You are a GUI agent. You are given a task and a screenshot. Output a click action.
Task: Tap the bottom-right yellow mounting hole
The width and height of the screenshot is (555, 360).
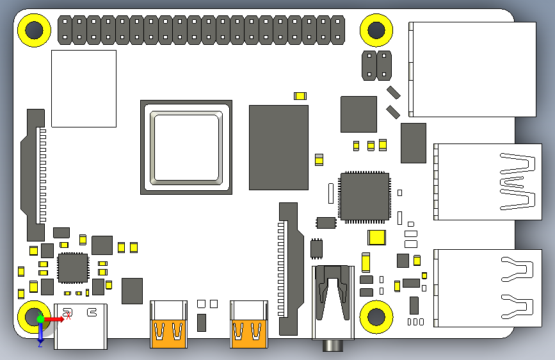point(376,316)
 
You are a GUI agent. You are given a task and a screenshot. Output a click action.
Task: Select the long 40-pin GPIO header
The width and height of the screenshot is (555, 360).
point(201,29)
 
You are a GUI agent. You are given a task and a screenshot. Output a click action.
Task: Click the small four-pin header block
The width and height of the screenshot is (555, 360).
point(376,65)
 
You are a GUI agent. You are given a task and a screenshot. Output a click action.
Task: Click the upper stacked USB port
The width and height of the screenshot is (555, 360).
point(484,181)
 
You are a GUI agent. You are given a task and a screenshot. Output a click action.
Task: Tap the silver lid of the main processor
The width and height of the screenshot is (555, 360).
point(186,147)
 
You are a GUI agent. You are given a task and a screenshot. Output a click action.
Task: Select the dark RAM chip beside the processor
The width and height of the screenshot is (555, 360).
point(278,147)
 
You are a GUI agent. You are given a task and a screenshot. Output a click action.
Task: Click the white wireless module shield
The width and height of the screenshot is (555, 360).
point(84,88)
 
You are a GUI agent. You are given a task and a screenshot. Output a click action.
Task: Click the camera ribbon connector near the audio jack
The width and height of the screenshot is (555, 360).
point(287,269)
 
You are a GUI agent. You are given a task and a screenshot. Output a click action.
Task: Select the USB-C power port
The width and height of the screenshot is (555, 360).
point(81,326)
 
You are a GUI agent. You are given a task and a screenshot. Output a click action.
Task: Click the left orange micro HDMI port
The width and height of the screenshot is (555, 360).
point(168,325)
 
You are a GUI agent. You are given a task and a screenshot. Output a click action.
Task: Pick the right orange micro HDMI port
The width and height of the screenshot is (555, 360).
point(249,325)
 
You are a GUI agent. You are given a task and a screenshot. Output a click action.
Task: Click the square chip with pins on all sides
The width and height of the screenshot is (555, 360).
point(364,196)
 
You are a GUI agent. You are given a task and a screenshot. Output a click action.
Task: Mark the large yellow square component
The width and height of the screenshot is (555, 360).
point(377,238)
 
